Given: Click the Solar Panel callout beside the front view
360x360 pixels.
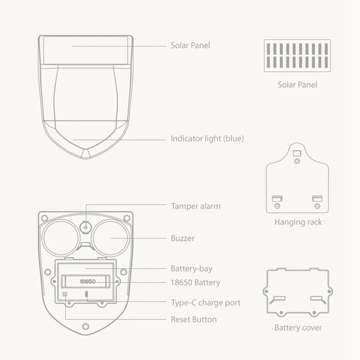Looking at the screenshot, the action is pyautogui.click(x=190, y=45).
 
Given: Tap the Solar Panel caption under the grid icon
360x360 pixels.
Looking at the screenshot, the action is pyautogui.click(x=297, y=85).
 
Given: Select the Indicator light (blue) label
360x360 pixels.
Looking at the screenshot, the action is pyautogui.click(x=207, y=139).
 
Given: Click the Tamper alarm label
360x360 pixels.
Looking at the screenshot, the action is pyautogui.click(x=195, y=206).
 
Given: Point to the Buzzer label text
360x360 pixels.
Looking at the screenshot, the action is pyautogui.click(x=183, y=238).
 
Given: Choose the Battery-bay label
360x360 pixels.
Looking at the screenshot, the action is pyautogui.click(x=191, y=269).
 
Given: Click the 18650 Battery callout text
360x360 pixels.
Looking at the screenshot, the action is pyautogui.click(x=195, y=283).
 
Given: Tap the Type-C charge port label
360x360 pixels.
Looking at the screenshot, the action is pyautogui.click(x=205, y=303).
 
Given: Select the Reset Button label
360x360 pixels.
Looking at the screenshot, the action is pyautogui.click(x=193, y=319).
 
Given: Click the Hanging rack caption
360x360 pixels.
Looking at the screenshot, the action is pyautogui.click(x=298, y=222).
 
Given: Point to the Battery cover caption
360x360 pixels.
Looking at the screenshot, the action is pyautogui.click(x=298, y=328).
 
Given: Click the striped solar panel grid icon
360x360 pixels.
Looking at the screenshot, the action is pyautogui.click(x=297, y=55).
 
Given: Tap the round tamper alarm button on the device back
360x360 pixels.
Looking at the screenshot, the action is pyautogui.click(x=85, y=227).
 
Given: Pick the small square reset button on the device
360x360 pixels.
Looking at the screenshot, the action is pyautogui.click(x=65, y=294).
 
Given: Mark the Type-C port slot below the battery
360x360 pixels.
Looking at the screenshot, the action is pyautogui.click(x=86, y=295).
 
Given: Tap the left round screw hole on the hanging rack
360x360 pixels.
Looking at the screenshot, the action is pyautogui.click(x=277, y=206).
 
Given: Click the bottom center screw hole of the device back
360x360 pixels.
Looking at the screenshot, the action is pyautogui.click(x=85, y=326).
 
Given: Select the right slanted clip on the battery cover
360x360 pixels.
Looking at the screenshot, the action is pyautogui.click(x=317, y=299).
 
